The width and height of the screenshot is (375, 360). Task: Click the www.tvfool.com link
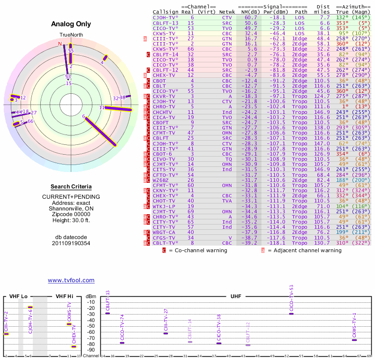click(x=71, y=280)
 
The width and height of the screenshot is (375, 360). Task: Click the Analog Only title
click(x=71, y=24)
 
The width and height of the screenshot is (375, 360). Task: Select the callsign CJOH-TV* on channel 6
click(x=165, y=17)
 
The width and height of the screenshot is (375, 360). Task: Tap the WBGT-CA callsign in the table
click(x=164, y=232)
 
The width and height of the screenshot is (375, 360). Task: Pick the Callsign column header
click(x=165, y=11)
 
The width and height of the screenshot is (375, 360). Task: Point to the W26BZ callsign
click(x=162, y=180)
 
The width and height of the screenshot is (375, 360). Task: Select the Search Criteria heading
click(x=71, y=187)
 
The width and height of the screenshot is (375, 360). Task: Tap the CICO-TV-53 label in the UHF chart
click(x=291, y=298)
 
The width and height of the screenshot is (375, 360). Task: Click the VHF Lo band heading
click(x=18, y=296)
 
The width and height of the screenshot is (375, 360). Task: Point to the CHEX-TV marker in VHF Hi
click(x=74, y=346)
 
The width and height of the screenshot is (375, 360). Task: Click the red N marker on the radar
click(x=60, y=44)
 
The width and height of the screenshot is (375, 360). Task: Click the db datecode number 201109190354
click(x=71, y=243)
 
